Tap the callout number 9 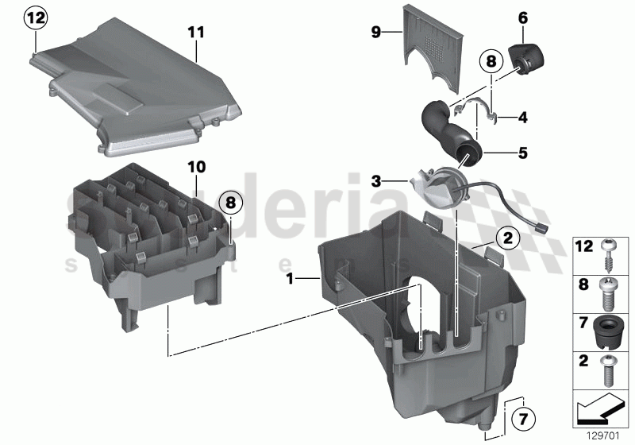click(377, 32)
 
